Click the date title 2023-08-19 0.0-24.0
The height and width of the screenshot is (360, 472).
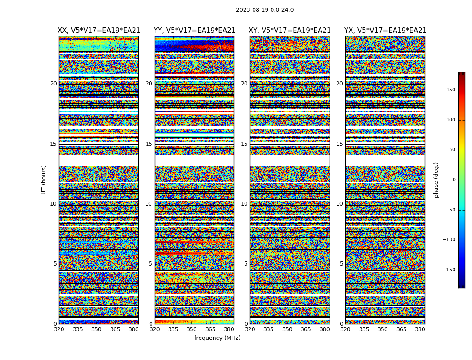tap(265, 10)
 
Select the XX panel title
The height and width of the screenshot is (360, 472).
tap(99, 31)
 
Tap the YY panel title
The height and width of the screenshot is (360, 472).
tap(194, 31)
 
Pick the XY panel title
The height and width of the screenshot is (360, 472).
tap(290, 31)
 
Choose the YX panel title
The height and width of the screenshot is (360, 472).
tap(385, 31)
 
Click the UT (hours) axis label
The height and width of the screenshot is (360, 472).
tap(44, 180)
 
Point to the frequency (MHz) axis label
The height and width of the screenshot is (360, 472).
tap(217, 338)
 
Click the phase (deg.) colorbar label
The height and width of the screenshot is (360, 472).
tap(436, 180)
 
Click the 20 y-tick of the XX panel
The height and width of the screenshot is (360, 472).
tap(53, 84)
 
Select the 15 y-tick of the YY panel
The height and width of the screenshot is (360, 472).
tap(149, 144)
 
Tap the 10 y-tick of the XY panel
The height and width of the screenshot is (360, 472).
tap(244, 204)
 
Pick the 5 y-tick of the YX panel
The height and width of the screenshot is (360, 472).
tap(341, 264)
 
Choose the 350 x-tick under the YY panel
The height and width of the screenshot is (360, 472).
tap(192, 329)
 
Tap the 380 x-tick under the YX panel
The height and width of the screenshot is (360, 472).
tap(420, 329)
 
